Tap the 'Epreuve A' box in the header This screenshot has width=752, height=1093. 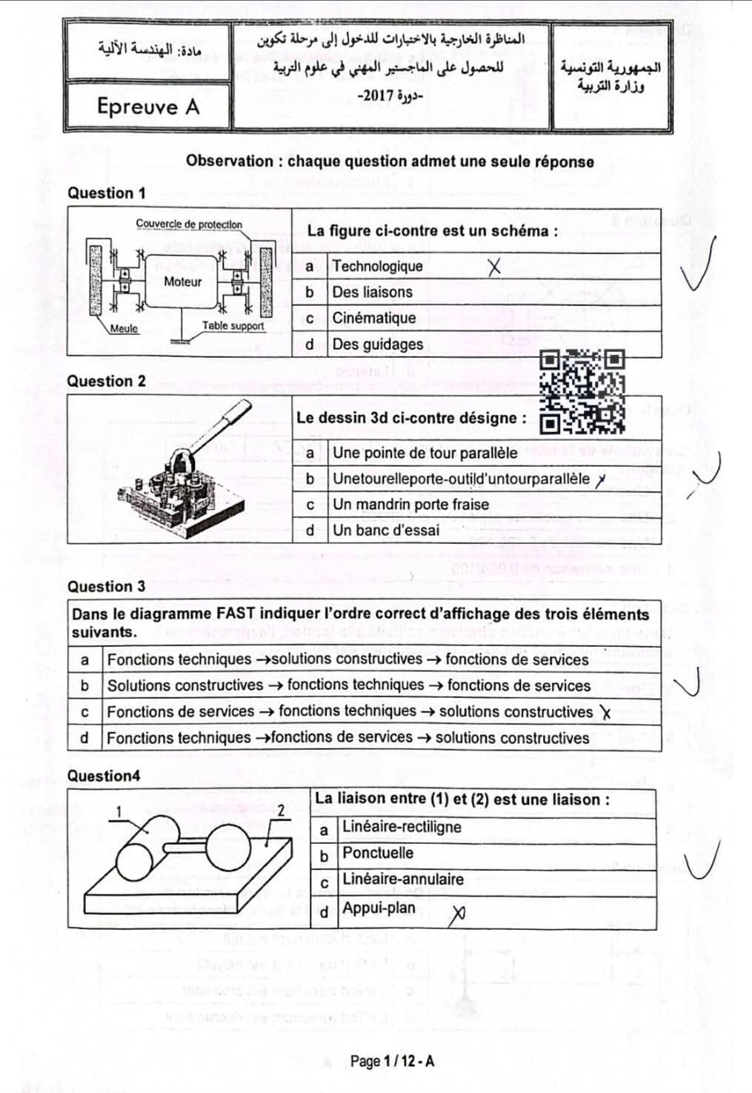tap(148, 107)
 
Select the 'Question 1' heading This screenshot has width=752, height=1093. tap(106, 193)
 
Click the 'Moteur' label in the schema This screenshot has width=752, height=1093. tap(182, 282)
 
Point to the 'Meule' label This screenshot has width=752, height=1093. tap(124, 329)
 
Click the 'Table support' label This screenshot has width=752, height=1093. tap(233, 325)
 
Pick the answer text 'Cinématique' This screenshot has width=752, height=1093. tap(373, 318)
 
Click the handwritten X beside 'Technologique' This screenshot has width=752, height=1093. tap(494, 267)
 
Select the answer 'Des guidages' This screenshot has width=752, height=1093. tap(377, 344)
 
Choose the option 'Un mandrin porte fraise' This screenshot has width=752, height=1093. tap(410, 504)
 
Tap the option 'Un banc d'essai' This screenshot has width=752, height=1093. tap(385, 530)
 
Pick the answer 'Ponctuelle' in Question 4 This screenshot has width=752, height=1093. tap(378, 853)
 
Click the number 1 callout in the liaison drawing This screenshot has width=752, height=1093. tap(119, 812)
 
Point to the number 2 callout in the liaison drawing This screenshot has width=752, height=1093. tap(281, 811)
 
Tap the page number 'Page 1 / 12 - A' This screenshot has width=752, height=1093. tap(392, 1061)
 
